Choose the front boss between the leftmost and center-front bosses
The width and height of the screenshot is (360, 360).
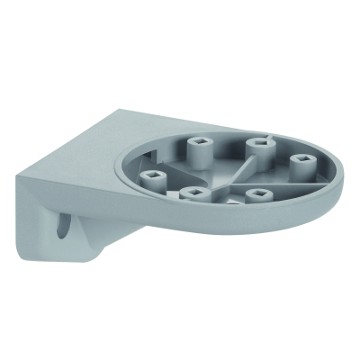coord(192,193)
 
